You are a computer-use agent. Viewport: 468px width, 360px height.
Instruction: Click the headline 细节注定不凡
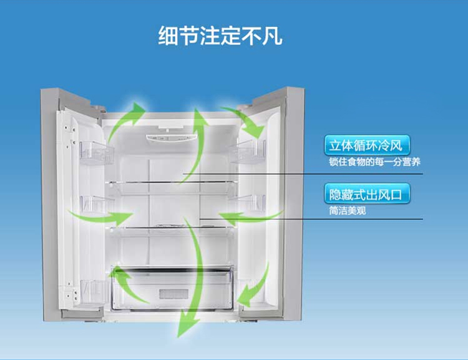point(220,36)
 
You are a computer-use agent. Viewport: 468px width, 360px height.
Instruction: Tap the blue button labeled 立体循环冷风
point(367,145)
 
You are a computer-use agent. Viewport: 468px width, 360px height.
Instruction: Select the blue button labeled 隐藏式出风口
point(367,194)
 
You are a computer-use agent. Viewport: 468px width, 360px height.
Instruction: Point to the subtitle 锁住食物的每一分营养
point(374,162)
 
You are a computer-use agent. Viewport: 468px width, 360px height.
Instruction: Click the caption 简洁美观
point(348,211)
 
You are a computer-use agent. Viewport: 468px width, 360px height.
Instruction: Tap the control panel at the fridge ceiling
point(172,138)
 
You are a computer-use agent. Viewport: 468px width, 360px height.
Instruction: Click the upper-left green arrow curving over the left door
point(125,121)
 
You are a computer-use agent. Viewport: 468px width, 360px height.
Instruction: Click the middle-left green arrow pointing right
point(102,217)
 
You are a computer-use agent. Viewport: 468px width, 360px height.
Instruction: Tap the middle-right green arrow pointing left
point(250,217)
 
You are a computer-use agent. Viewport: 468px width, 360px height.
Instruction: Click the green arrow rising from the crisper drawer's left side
point(129,286)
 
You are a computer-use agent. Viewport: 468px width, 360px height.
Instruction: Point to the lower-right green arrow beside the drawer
point(256,287)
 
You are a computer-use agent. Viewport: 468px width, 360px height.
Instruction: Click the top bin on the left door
point(96,153)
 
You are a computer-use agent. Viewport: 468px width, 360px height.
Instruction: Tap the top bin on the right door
point(248,152)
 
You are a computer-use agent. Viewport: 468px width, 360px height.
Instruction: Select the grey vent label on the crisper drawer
point(173,294)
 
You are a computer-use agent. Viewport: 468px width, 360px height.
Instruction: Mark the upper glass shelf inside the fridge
point(173,182)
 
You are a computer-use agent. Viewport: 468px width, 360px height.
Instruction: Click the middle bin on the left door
point(95,205)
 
